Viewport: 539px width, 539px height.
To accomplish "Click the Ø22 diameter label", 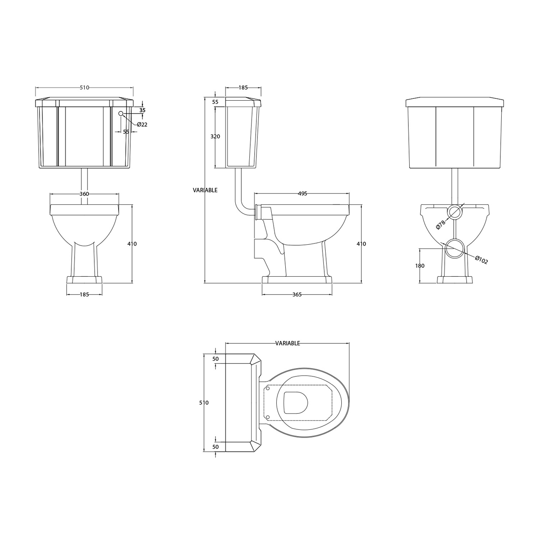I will [x=142, y=124].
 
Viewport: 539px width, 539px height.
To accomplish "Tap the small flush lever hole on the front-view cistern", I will [x=120, y=114].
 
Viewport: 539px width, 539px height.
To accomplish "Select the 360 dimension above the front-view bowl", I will [x=84, y=194].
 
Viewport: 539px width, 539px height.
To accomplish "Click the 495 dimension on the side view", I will [x=302, y=194].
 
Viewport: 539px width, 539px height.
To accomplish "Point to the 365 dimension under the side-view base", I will [x=297, y=295].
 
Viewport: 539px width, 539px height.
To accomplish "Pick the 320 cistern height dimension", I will [x=215, y=137].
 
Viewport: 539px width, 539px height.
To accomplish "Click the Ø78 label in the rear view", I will [x=441, y=223].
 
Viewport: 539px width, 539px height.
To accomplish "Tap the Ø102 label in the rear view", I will [x=482, y=260].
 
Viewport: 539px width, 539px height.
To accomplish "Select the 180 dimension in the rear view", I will [x=420, y=266].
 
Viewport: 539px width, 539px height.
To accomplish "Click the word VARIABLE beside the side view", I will [x=205, y=190].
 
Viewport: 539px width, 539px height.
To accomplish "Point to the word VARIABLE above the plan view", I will [x=287, y=343].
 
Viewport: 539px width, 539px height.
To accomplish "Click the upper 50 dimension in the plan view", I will [x=216, y=359].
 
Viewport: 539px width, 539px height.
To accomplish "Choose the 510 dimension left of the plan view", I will [x=204, y=403].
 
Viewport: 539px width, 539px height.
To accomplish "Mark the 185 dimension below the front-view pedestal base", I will [x=84, y=295].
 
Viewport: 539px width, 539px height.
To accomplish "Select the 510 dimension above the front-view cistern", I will [x=84, y=88].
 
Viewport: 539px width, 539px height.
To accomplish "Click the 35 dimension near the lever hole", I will [x=142, y=110].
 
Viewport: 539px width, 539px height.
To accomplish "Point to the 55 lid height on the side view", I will [x=215, y=102].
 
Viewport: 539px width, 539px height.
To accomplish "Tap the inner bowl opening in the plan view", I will [x=296, y=402].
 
